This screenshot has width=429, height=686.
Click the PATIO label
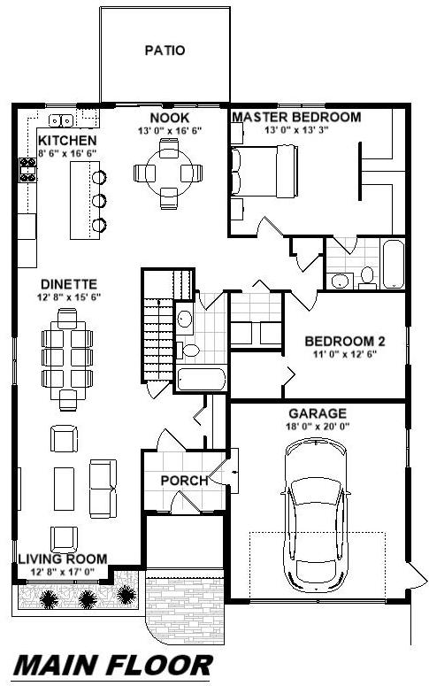point(165,50)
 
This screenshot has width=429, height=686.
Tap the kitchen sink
point(61,119)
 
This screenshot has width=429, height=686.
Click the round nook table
point(168,173)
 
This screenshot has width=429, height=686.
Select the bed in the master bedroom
point(264,171)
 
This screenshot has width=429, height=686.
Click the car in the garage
point(315,514)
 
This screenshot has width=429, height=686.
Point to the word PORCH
point(184,481)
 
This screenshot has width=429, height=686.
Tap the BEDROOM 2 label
point(345,342)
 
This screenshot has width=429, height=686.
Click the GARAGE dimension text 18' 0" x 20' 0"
point(318,426)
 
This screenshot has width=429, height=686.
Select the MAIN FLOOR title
point(114,666)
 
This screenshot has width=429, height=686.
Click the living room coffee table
point(64,489)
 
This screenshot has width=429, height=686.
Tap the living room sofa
point(103,489)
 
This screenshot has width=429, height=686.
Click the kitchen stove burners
point(28,170)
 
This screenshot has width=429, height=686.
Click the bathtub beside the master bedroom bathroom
point(393,264)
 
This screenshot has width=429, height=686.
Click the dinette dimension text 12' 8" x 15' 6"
point(69,297)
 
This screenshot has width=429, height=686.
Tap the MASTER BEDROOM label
point(296,117)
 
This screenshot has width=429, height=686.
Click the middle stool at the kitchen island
point(99,201)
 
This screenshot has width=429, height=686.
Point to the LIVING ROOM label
point(63,559)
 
